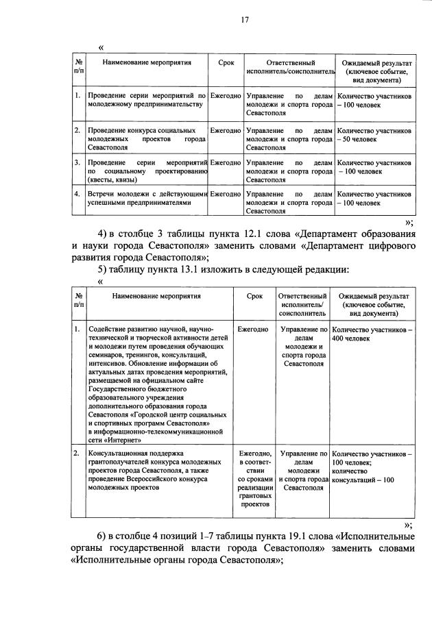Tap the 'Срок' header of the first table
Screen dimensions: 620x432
(x=226, y=62)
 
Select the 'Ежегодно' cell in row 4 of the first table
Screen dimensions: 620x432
(x=226, y=195)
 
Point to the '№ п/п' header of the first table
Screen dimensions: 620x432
(x=79, y=66)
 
